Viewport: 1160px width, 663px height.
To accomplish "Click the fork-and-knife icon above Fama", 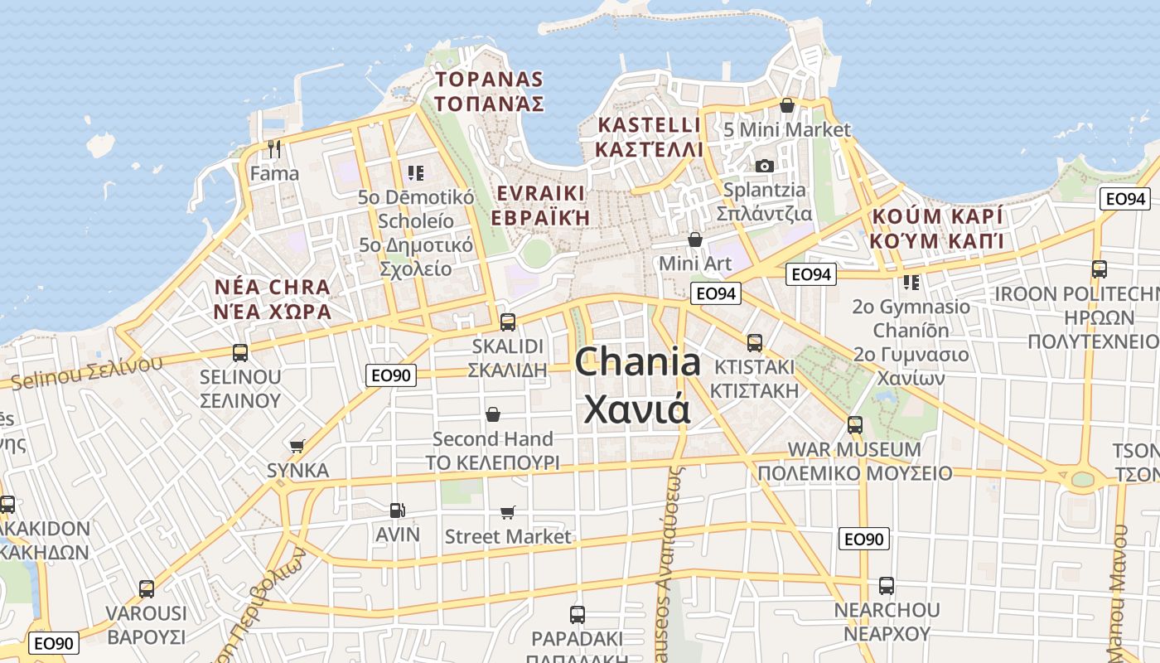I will (x=275, y=149).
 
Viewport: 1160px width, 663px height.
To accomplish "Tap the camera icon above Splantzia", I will (x=765, y=166).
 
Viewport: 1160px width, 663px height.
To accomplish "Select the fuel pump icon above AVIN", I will (x=398, y=511).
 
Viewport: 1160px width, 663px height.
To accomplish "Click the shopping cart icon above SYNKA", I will (x=297, y=446).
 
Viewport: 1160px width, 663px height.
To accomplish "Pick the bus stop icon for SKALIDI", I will (x=508, y=322).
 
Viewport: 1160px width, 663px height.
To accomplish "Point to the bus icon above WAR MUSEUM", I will (x=855, y=425).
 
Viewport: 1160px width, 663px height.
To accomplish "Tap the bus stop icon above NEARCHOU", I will (x=887, y=586).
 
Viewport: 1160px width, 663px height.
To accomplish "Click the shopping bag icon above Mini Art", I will (x=695, y=240).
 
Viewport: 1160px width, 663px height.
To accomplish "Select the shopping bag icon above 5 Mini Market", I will (x=787, y=105).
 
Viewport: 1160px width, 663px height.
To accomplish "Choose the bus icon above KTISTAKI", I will (x=755, y=342).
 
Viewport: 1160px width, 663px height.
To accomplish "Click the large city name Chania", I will (x=637, y=363).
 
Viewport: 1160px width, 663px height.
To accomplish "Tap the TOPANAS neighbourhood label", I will (x=490, y=80).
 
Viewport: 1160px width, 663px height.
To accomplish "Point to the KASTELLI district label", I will (x=650, y=126).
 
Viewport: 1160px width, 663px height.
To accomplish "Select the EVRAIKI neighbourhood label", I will (x=540, y=194).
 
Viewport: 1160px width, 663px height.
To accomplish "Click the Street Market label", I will (x=508, y=536).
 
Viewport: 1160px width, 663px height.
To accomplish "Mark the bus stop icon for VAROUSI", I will (x=147, y=589).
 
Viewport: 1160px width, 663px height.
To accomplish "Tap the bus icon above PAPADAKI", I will (x=578, y=615).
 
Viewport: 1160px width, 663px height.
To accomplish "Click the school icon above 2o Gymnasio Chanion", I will (x=911, y=283).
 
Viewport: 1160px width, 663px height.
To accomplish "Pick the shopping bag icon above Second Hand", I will (x=493, y=414).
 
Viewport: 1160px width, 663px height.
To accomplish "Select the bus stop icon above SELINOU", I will (x=240, y=353).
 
